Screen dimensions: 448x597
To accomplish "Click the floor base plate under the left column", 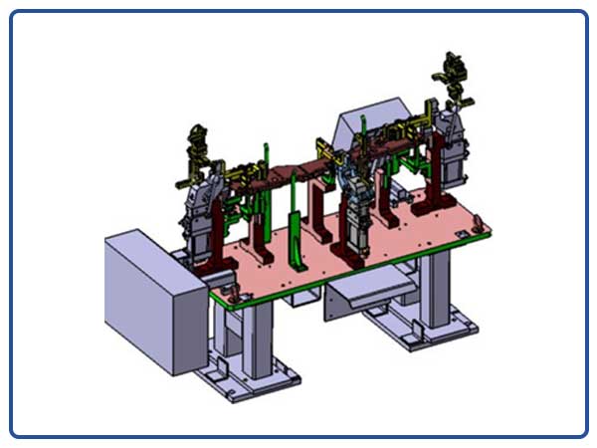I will click(249, 383).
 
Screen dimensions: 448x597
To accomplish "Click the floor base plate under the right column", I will click(418, 329).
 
